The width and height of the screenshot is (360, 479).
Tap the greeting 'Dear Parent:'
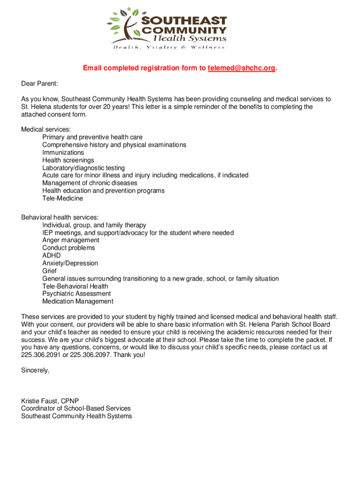40,84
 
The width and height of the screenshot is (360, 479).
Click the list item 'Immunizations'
63,152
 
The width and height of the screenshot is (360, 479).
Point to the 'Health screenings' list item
68,160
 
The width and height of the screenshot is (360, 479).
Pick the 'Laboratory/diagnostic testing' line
84,167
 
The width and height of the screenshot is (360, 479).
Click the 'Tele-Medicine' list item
63,198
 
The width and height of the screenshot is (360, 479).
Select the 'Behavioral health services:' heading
60,218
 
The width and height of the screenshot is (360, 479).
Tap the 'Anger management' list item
71,240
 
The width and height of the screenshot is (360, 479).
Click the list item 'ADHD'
51,255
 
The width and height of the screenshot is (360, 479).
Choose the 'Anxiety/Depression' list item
70,263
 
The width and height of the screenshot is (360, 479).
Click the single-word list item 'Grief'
50,271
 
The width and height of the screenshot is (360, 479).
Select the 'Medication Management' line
78,301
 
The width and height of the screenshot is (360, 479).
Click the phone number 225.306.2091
40,355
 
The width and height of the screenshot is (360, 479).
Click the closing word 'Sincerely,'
35,370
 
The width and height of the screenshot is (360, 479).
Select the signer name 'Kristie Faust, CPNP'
50,401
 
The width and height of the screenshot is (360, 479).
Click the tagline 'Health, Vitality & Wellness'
167,47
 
